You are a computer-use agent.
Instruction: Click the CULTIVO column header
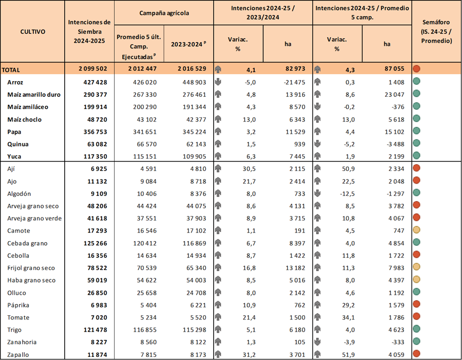tap(33, 32)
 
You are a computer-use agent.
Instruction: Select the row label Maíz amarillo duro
tap(34, 95)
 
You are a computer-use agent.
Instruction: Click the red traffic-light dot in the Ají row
tap(416, 168)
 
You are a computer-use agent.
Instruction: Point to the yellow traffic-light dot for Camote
tap(416, 231)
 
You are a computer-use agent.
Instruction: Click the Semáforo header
tap(436, 32)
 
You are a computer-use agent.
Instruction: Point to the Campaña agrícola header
tap(164, 12)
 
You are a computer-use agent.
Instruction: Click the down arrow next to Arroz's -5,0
tap(218, 83)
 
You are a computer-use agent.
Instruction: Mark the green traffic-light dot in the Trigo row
tap(416, 330)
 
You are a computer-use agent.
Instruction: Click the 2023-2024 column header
tap(188, 45)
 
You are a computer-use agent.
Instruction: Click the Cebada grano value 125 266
tap(96, 243)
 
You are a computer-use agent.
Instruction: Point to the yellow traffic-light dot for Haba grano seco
tap(416, 281)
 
